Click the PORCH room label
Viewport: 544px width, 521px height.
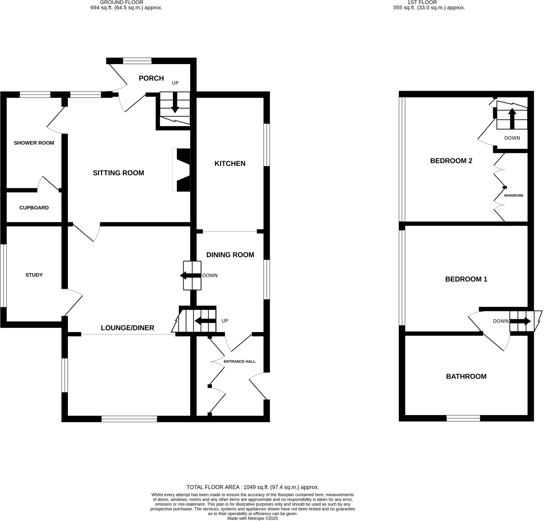pyautogui.click(x=151, y=78)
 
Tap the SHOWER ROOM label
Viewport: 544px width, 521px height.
pyautogui.click(x=34, y=143)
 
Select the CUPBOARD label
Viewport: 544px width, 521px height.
pyautogui.click(x=34, y=208)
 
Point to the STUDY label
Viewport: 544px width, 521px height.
pyautogui.click(x=34, y=275)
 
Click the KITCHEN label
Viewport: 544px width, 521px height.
pyautogui.click(x=230, y=163)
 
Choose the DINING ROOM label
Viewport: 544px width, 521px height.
pyautogui.click(x=230, y=255)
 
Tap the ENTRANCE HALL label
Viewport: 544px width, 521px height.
pyautogui.click(x=239, y=361)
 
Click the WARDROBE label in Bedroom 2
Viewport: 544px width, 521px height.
pyautogui.click(x=513, y=196)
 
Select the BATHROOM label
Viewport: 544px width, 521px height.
pyautogui.click(x=466, y=376)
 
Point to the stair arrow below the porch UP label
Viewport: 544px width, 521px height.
pyautogui.click(x=175, y=103)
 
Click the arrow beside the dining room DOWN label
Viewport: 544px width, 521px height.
pyautogui.click(x=190, y=275)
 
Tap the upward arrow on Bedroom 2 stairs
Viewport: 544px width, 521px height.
pyautogui.click(x=512, y=119)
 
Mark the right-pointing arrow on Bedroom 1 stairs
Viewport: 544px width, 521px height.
pyautogui.click(x=520, y=321)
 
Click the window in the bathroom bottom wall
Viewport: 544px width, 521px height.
pyautogui.click(x=463, y=418)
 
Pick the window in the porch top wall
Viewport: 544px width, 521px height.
pyautogui.click(x=137, y=61)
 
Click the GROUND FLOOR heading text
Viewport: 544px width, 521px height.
pyautogui.click(x=122, y=2)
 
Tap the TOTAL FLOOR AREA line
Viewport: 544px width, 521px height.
pyautogui.click(x=253, y=487)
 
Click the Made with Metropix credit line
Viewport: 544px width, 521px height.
pyautogui.click(x=253, y=518)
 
